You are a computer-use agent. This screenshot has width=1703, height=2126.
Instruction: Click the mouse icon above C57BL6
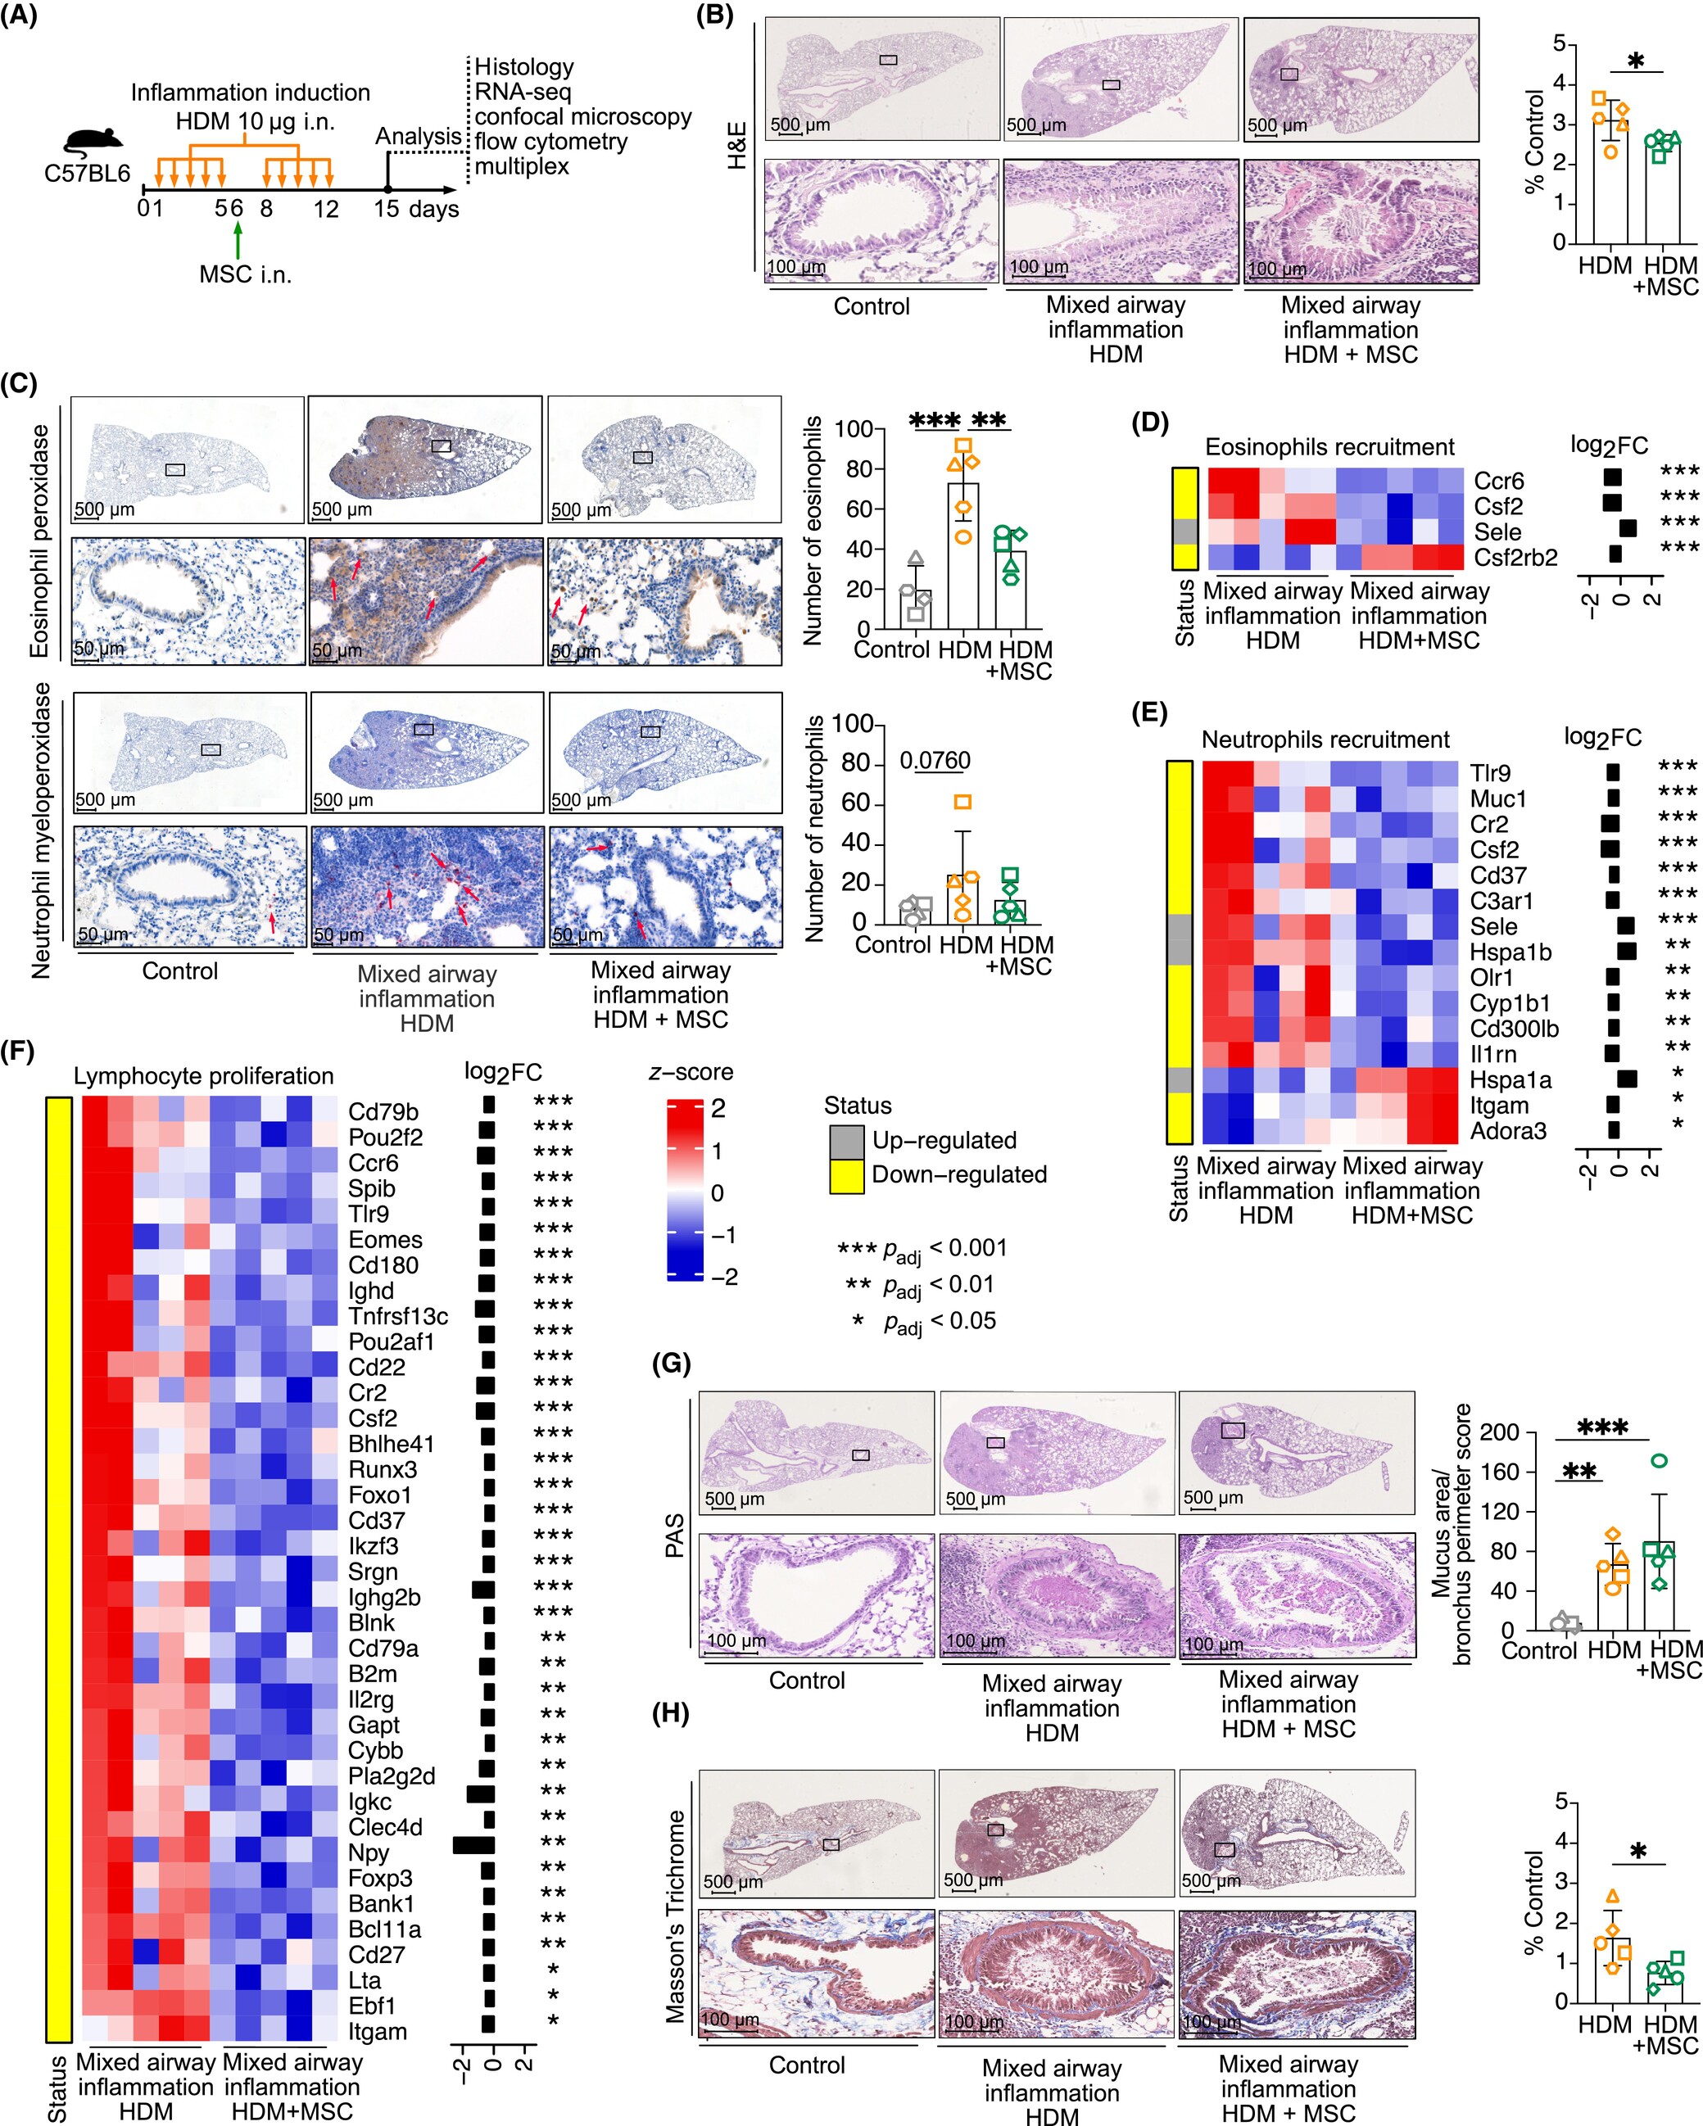(86, 144)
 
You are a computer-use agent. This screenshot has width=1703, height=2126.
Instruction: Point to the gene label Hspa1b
(1511, 952)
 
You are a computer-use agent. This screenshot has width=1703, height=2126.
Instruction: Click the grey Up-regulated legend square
(846, 1140)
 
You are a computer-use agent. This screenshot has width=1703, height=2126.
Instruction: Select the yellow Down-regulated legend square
(846, 1174)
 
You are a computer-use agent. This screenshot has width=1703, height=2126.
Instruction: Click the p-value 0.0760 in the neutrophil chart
(935, 760)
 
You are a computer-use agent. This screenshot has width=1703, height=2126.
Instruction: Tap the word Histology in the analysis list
(523, 67)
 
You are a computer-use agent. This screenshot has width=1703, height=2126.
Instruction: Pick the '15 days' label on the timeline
(416, 209)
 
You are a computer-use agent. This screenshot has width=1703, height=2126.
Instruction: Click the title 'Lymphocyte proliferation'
(203, 1076)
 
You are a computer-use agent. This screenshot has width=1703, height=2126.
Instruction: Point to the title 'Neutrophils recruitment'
(1325, 740)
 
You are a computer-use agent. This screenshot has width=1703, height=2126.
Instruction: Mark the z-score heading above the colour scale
(691, 1073)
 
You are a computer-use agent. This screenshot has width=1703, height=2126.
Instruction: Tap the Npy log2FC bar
(474, 1844)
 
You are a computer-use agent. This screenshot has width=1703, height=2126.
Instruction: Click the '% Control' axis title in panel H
(1533, 1903)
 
